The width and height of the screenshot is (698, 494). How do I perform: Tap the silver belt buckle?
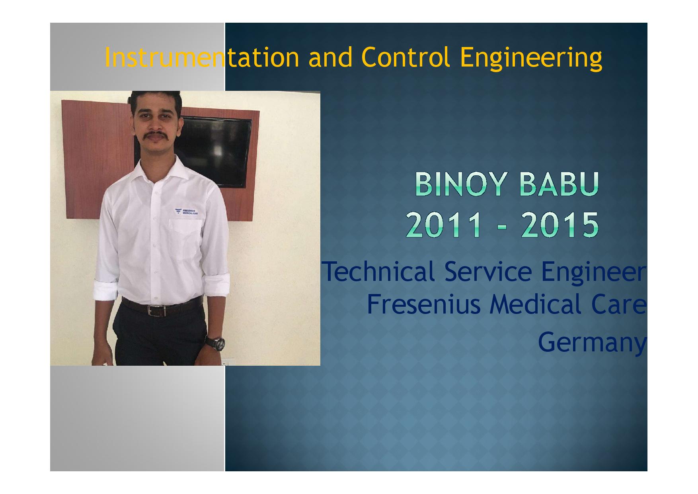(156, 310)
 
